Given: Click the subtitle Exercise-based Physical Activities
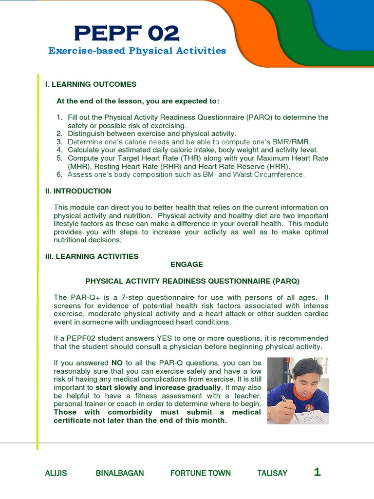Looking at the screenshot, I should coord(137,51).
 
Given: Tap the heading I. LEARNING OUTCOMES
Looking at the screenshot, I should coord(91,84).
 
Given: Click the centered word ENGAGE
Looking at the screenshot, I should coord(187,264).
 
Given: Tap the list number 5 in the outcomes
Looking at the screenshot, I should coord(59,158).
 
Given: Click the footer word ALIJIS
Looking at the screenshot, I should coord(56,473).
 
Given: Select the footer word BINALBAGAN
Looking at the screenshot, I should coord(120,473).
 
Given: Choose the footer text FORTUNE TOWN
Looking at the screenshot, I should coord(201,473).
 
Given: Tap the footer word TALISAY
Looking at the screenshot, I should coord(272,473).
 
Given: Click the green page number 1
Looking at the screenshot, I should coord(318,472).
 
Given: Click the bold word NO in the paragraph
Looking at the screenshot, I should coord(117,363).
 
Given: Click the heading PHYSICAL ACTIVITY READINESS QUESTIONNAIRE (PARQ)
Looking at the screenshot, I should coord(192,281).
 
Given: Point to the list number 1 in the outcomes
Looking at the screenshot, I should coord(59,117).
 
